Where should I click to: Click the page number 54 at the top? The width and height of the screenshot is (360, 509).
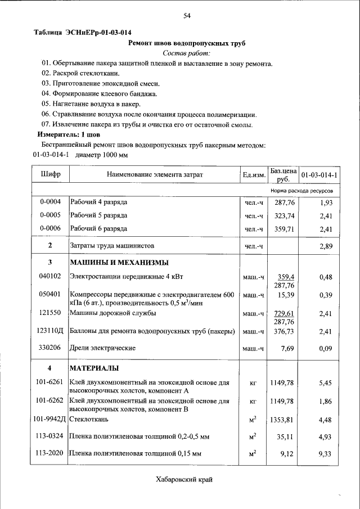tap(187, 16)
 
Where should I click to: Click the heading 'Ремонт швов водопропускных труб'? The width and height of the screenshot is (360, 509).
tap(187, 43)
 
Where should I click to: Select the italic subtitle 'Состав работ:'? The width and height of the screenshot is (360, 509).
tap(186, 53)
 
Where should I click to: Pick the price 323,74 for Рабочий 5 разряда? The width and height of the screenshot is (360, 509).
tap(284, 215)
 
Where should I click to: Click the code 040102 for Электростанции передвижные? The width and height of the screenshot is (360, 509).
tap(50, 276)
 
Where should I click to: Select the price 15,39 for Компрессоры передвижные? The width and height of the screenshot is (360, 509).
tap(286, 295)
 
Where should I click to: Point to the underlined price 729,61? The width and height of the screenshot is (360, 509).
tap(284, 313)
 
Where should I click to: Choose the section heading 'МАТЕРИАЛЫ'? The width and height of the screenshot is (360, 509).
tap(93, 368)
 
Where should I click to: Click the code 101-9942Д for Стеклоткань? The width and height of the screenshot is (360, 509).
tap(50, 419)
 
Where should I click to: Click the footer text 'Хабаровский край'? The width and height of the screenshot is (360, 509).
tap(185, 479)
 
